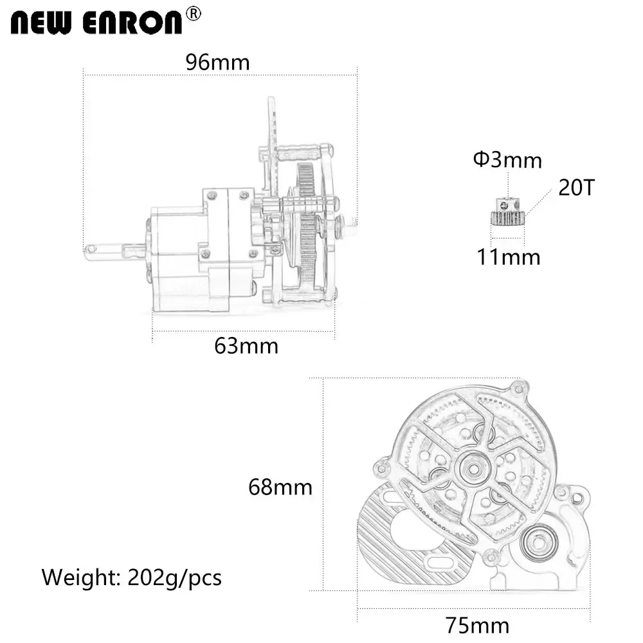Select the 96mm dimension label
pyautogui.click(x=217, y=62)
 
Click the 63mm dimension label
pyautogui.click(x=246, y=346)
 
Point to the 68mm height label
pyautogui.click(x=280, y=487)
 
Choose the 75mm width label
pyautogui.click(x=477, y=625)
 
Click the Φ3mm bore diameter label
pyautogui.click(x=507, y=159)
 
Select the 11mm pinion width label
pyautogui.click(x=508, y=257)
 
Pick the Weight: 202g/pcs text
pyautogui.click(x=132, y=577)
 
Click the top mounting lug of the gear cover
pyautogui.click(x=518, y=388)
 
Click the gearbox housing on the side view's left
pyautogui.click(x=177, y=257)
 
